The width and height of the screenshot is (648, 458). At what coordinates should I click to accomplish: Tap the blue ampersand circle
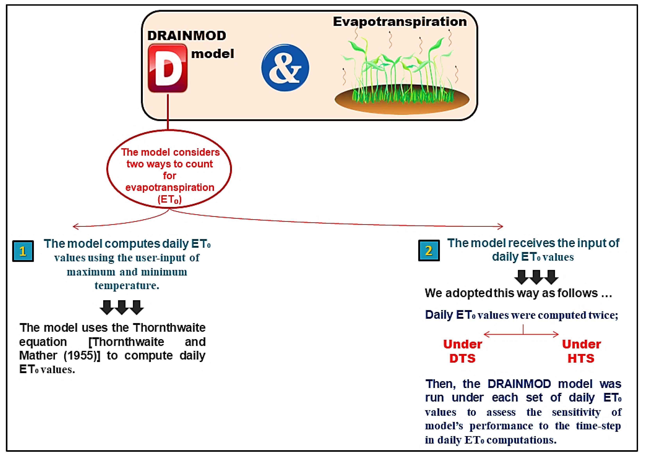(x=285, y=68)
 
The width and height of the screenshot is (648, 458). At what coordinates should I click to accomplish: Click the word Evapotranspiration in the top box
(x=400, y=22)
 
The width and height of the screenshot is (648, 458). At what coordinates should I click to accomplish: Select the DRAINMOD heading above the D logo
(x=187, y=36)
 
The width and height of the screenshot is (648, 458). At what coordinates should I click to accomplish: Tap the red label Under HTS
(x=581, y=351)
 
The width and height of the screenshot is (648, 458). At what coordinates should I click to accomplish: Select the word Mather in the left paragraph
(x=38, y=356)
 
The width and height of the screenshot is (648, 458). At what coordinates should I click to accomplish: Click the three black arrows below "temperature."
(x=122, y=307)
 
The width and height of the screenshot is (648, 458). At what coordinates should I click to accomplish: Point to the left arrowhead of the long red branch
(x=74, y=226)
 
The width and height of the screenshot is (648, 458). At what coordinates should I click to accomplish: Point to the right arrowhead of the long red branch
(x=501, y=226)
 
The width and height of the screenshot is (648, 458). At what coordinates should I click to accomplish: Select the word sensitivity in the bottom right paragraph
(x=576, y=412)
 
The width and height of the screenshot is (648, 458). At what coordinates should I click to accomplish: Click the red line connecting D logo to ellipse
(x=168, y=111)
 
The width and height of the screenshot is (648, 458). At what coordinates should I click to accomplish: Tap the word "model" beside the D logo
(x=212, y=54)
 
